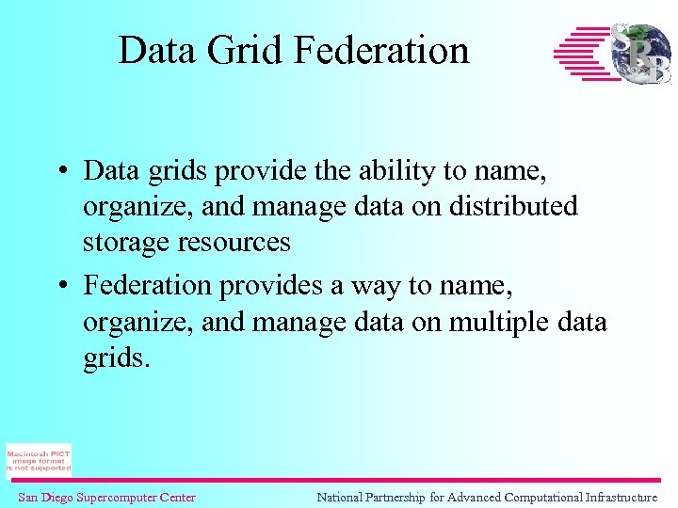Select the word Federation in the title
tap(381, 50)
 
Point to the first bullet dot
tap(59, 172)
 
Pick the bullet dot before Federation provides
tap(59, 285)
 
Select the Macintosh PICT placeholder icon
tap(39, 460)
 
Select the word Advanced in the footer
tap(473, 497)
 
